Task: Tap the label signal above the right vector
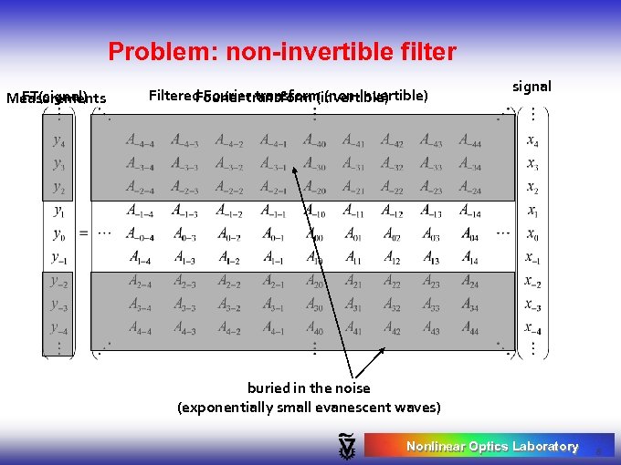[532, 87]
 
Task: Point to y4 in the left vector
[58, 140]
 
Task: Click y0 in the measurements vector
[58, 233]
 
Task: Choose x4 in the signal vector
[532, 140]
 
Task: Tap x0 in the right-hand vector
[532, 233]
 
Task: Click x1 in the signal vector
[532, 211]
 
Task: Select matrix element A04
[470, 234]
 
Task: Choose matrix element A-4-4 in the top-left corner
[140, 140]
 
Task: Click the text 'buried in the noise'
[309, 387]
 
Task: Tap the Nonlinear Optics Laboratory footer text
[492, 446]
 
